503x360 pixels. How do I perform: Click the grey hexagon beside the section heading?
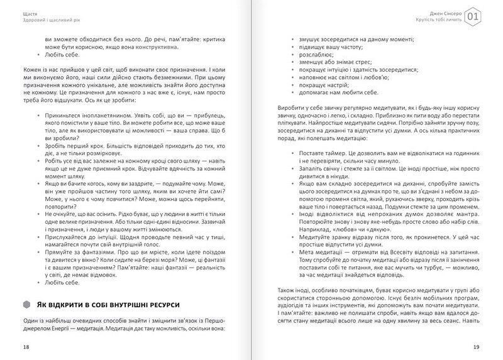coord(27,304)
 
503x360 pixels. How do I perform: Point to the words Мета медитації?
coord(319,251)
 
